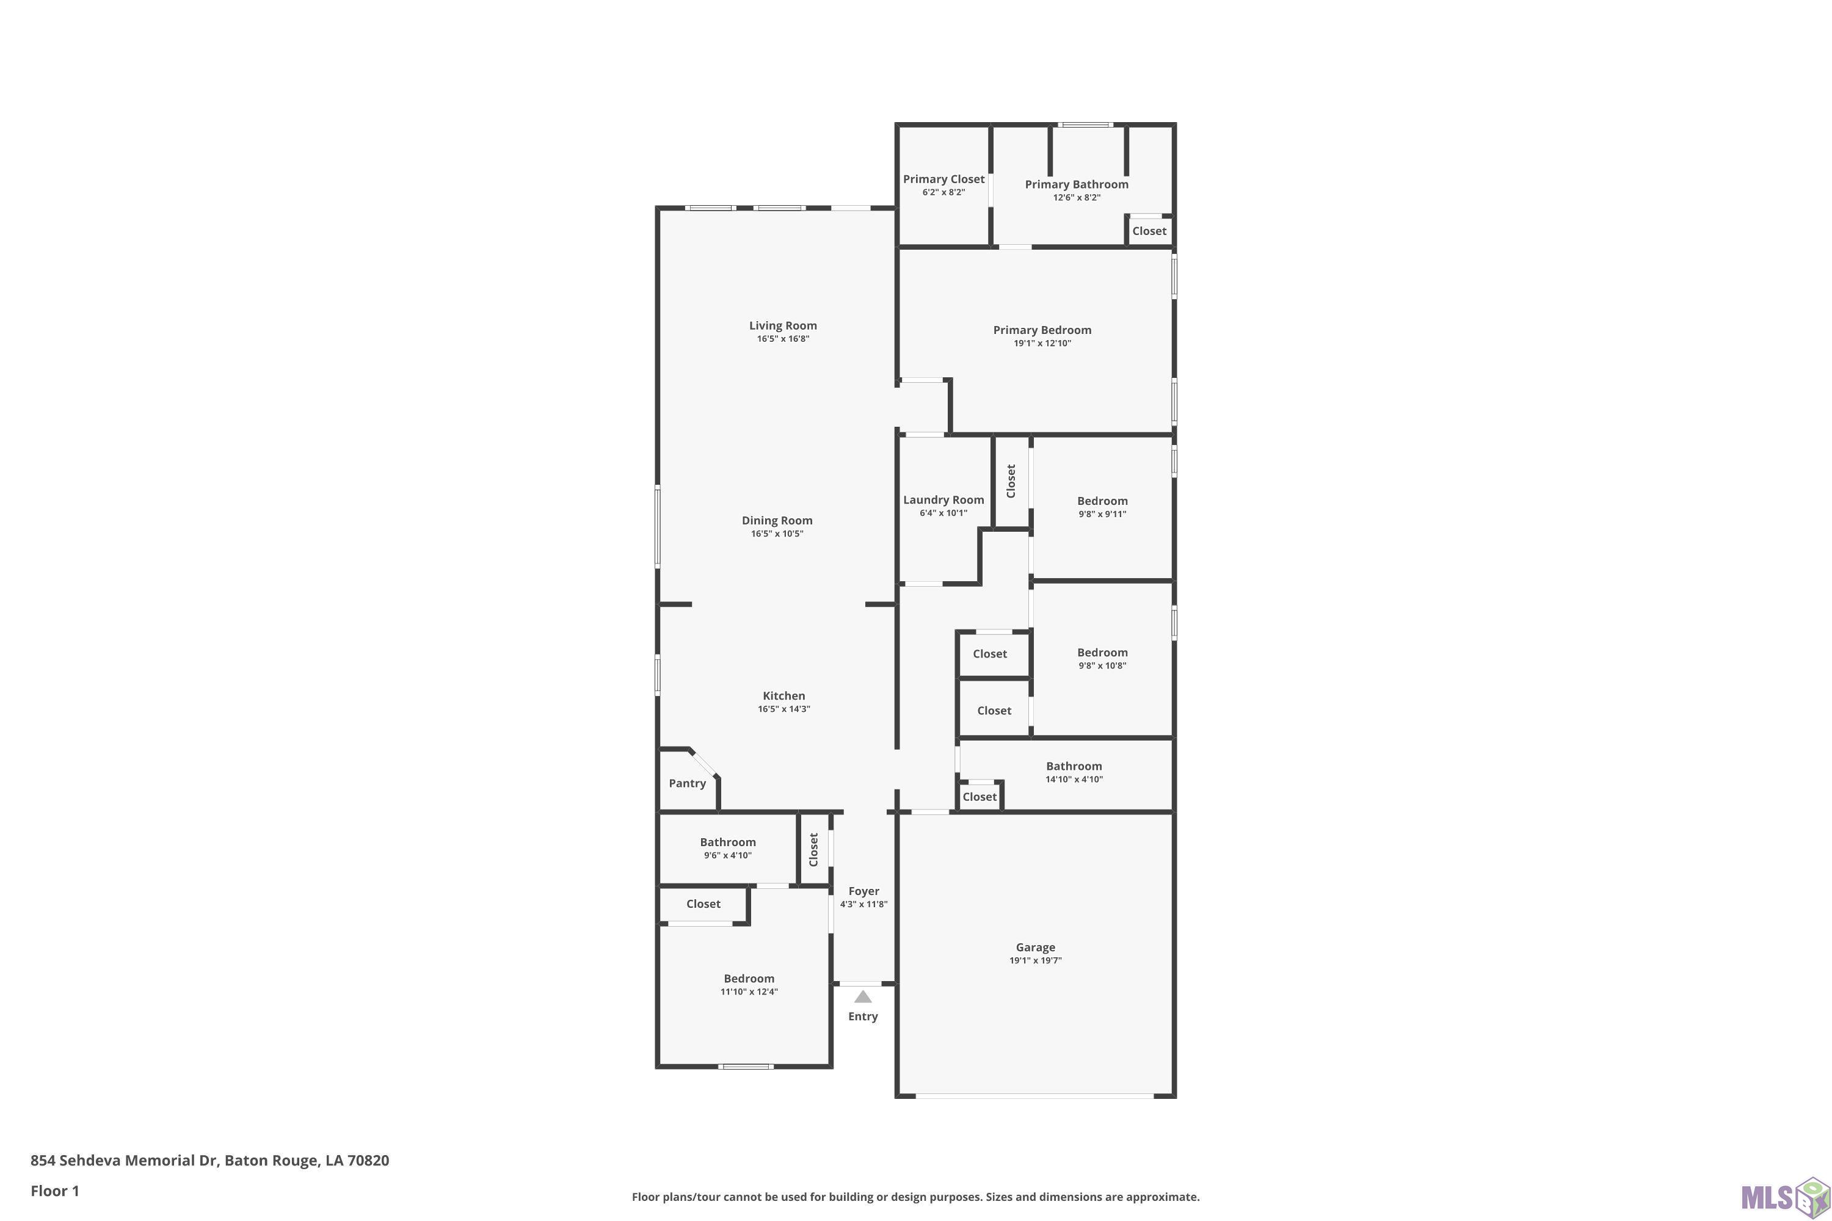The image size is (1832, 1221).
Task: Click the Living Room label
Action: (x=783, y=325)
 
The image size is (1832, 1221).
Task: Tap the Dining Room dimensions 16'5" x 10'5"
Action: (x=777, y=534)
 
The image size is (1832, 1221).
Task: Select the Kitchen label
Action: (x=783, y=696)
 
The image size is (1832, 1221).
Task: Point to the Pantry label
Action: (x=687, y=783)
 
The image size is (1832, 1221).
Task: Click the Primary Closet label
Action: (x=944, y=179)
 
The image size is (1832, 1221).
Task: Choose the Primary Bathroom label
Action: (x=1077, y=184)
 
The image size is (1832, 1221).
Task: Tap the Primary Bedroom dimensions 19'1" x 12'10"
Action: (x=1042, y=343)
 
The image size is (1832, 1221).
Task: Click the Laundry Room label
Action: (x=943, y=500)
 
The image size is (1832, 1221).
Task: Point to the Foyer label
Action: (x=864, y=891)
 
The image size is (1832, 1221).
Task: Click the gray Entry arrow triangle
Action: (x=862, y=997)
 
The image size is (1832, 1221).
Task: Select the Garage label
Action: (x=1035, y=947)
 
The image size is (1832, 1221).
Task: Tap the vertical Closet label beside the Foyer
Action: (x=814, y=850)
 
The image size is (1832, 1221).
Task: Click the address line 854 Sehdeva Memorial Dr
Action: (x=125, y=1161)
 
